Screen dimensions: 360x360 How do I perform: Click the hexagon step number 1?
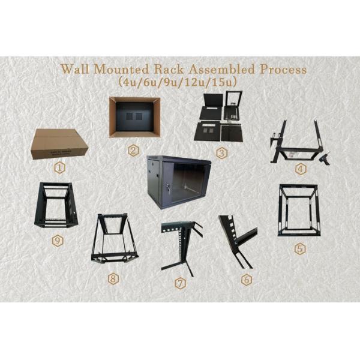click(59, 168)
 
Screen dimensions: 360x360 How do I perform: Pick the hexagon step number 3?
click(222, 153)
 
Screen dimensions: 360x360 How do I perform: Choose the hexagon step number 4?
click(301, 169)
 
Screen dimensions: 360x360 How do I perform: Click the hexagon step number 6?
click(245, 280)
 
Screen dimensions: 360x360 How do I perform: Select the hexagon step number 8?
click(112, 278)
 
